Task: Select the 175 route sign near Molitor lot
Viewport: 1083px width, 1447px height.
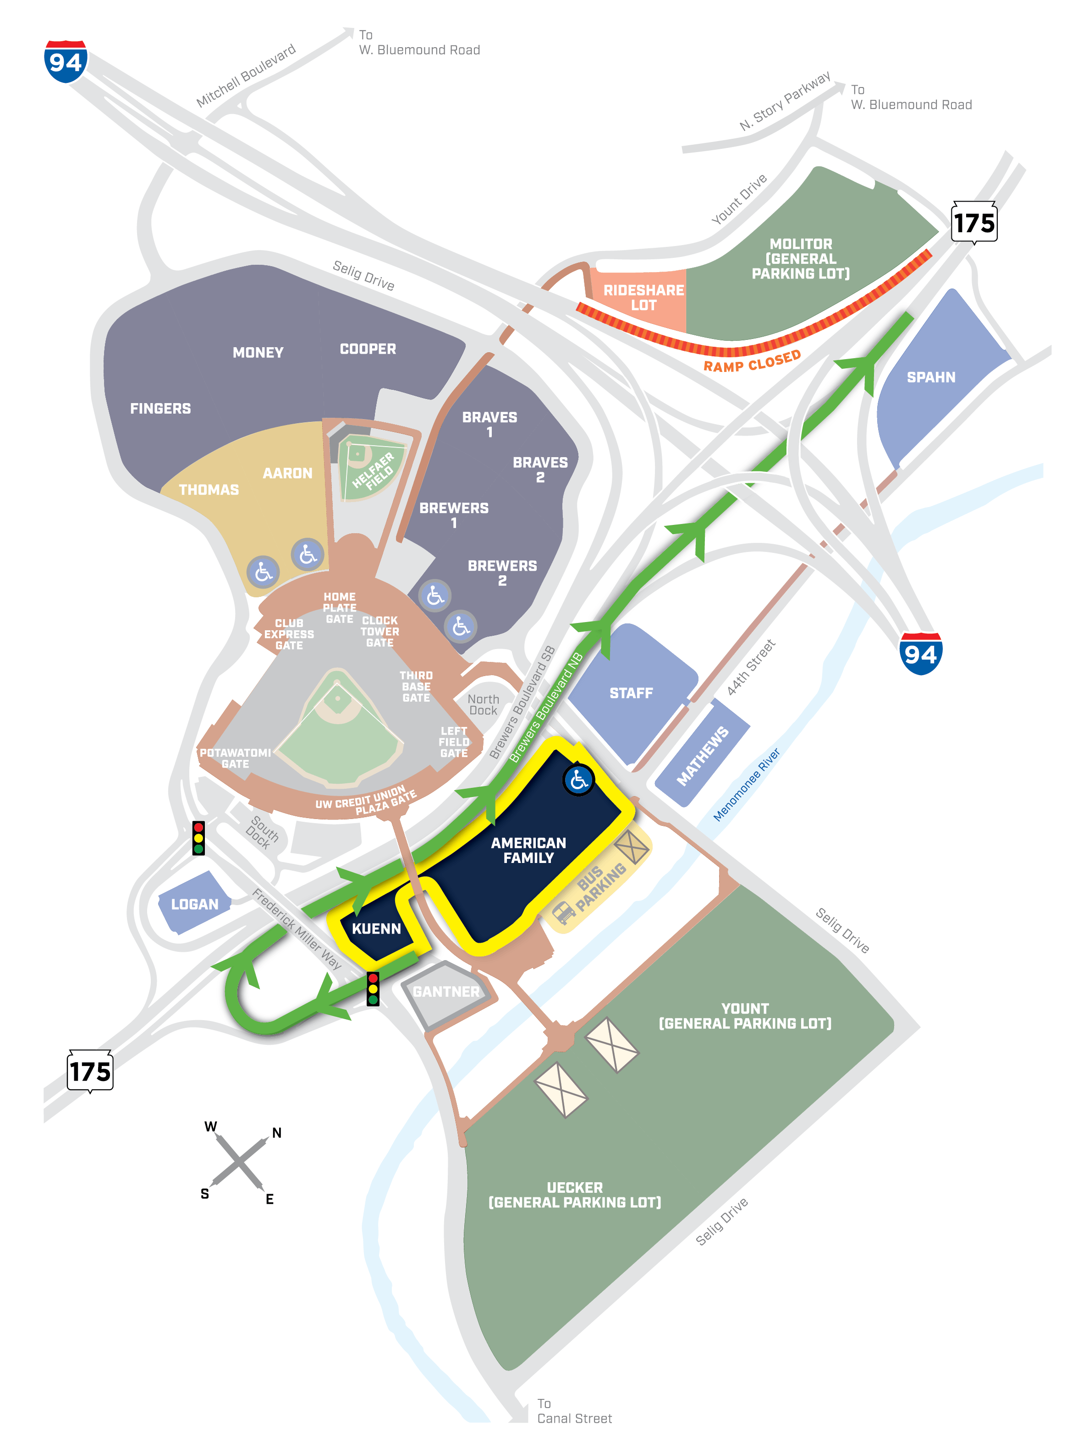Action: [974, 223]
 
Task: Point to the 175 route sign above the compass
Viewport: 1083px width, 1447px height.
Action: [90, 1071]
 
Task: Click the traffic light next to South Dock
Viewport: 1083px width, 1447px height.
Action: [198, 838]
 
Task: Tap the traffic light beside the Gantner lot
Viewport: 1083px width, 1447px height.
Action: [373, 988]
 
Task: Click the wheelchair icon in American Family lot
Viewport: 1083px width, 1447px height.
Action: [578, 780]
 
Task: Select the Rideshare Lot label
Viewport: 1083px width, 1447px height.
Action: [643, 298]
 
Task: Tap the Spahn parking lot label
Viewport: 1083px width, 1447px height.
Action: [930, 377]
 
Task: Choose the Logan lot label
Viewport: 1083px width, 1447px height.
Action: [194, 904]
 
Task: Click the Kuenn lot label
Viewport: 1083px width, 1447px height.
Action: [376, 929]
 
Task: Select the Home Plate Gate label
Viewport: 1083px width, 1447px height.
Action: [340, 608]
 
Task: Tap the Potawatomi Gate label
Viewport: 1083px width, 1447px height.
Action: [235, 758]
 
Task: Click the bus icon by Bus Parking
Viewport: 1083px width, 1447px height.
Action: [564, 911]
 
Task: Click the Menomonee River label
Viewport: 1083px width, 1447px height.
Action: [746, 784]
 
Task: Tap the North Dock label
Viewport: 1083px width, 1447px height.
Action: [483, 704]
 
